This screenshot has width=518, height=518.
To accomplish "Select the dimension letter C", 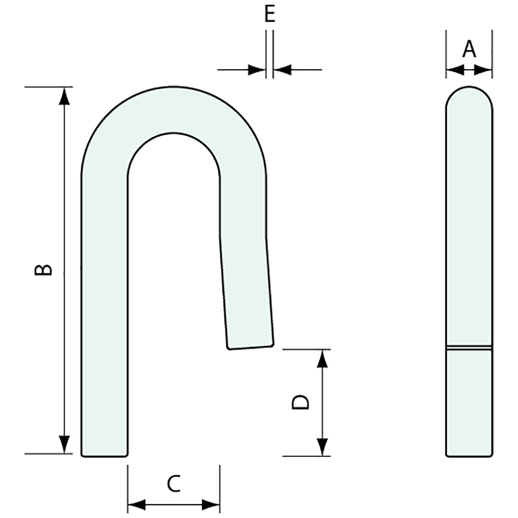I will [x=174, y=484].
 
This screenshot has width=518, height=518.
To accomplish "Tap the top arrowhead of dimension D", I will [x=322, y=358].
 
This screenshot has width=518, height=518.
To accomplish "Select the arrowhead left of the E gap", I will [x=257, y=70].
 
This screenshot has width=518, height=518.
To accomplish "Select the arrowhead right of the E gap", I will [x=282, y=70].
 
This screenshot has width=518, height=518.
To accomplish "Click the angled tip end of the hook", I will [x=250, y=348].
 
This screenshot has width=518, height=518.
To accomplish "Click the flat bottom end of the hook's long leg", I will [x=104, y=455].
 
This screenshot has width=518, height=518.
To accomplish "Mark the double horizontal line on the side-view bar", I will [x=469, y=349].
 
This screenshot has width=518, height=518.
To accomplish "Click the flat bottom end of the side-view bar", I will [x=469, y=455].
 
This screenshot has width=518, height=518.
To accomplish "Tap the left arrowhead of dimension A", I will [x=454, y=71].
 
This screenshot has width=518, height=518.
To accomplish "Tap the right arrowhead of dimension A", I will [x=484, y=71].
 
